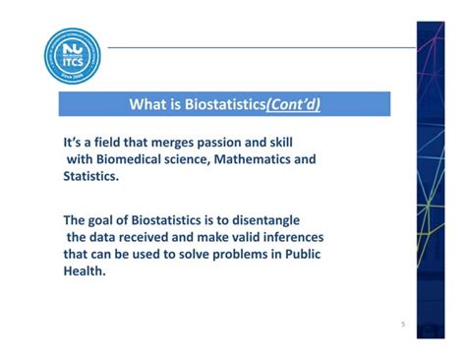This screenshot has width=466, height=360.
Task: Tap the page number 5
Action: pos(403,325)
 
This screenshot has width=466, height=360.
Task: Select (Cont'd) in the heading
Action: pos(291,104)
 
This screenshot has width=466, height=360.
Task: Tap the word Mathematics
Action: pos(255,158)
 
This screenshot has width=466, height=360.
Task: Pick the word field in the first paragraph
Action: pos(109,142)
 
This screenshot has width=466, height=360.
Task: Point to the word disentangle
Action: pos(262,220)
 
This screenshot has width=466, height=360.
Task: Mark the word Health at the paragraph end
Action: pos(83,271)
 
